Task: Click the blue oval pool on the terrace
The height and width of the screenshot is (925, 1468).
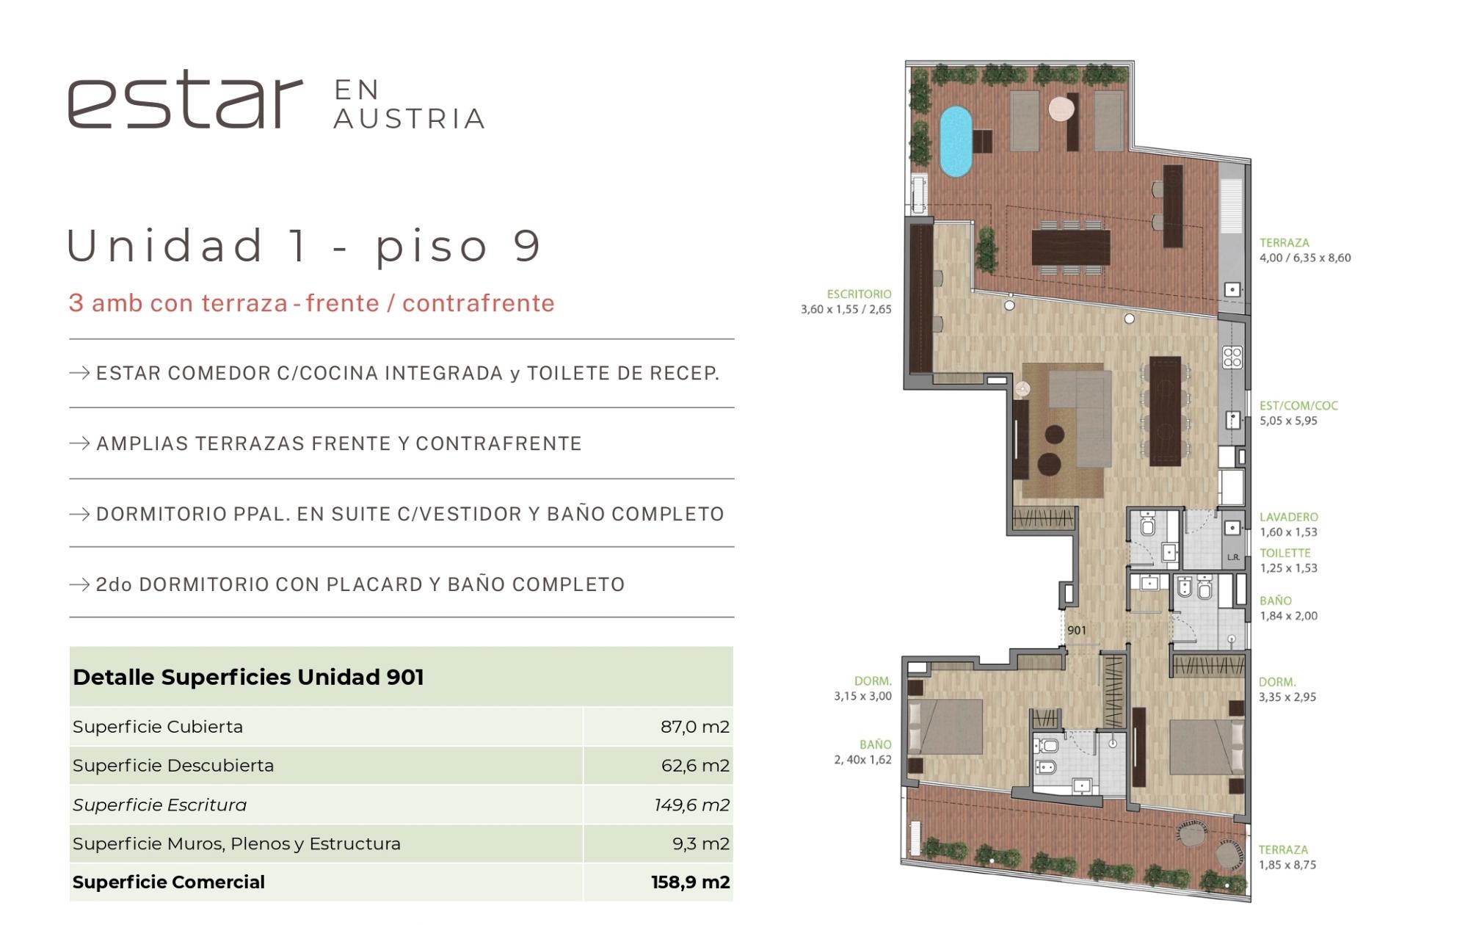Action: pyautogui.click(x=956, y=142)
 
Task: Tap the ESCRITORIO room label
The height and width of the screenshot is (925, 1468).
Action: pyautogui.click(x=859, y=294)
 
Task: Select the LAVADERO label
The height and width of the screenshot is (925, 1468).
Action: pyautogui.click(x=1289, y=517)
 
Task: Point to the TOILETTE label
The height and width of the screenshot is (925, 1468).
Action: pyautogui.click(x=1285, y=553)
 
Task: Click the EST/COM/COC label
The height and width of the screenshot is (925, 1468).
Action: pyautogui.click(x=1298, y=405)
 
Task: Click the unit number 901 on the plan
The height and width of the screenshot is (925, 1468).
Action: pyautogui.click(x=1077, y=630)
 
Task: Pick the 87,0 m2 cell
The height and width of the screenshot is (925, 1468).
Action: pyautogui.click(x=694, y=727)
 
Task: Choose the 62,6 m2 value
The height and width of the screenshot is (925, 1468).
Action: pyautogui.click(x=695, y=766)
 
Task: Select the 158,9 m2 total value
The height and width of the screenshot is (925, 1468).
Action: pyautogui.click(x=690, y=882)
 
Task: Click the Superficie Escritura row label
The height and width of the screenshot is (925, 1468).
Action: pyautogui.click(x=159, y=805)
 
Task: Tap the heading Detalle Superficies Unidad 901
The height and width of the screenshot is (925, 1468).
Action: pyautogui.click(x=248, y=677)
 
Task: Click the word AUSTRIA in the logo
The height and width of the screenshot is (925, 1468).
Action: pyautogui.click(x=409, y=119)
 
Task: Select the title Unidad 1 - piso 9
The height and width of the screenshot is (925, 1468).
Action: pyautogui.click(x=304, y=246)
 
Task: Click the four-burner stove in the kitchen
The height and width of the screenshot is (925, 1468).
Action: pyautogui.click(x=1232, y=358)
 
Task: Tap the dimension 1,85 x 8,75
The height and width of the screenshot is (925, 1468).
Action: pyautogui.click(x=1287, y=865)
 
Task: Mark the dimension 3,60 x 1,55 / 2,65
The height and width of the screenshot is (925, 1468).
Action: pyautogui.click(x=846, y=309)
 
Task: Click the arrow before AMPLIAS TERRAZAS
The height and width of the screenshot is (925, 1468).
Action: pyautogui.click(x=79, y=443)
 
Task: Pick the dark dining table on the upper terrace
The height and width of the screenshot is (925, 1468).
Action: pyautogui.click(x=1071, y=247)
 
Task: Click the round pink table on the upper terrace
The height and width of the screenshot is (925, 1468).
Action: pyautogui.click(x=1061, y=109)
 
